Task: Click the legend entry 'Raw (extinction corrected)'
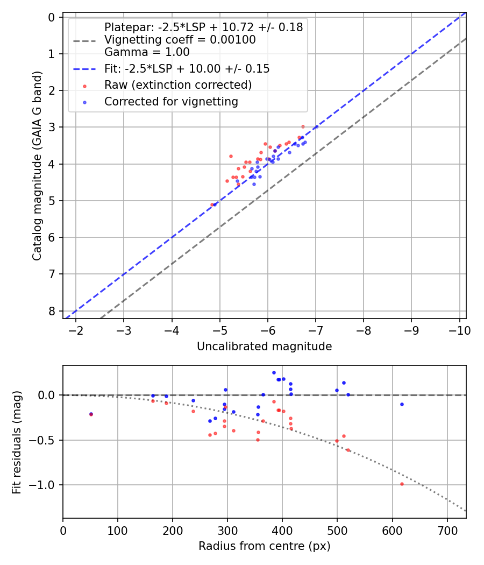(177, 85)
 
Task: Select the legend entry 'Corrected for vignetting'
(171, 101)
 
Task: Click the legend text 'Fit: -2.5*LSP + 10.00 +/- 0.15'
(187, 69)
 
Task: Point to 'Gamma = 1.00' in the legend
(147, 53)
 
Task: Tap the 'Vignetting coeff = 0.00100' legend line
(180, 40)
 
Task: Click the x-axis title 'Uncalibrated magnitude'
(264, 347)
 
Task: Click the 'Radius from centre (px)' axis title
(264, 546)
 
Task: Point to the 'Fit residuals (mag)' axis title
(17, 442)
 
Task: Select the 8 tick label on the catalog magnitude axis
(52, 311)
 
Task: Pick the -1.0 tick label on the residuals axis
(45, 485)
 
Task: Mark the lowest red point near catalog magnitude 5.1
(212, 204)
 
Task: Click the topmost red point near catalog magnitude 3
(303, 126)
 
